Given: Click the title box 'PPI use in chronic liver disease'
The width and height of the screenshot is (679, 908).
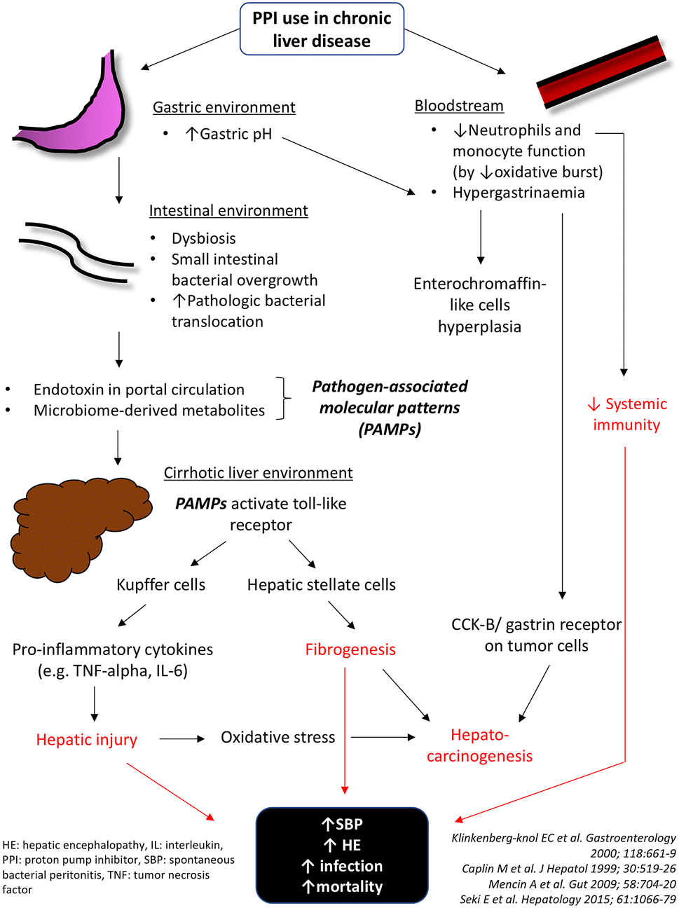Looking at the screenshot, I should tap(322, 29).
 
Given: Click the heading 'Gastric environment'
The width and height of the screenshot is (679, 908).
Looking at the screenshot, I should tap(224, 107).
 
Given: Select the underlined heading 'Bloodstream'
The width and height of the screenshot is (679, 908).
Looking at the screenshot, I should tap(459, 106).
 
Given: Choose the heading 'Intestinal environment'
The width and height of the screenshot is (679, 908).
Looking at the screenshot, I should tap(228, 211).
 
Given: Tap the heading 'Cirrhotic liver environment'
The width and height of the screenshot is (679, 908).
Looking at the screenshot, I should tap(258, 473).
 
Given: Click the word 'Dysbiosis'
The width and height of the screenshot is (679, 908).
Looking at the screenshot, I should tap(203, 238).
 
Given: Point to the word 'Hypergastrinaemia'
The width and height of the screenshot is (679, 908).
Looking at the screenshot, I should tap(519, 193).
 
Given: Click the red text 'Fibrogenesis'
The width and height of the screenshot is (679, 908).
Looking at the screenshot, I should tap(350, 649).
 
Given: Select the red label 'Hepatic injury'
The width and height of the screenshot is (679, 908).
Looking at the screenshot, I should tap(86, 740).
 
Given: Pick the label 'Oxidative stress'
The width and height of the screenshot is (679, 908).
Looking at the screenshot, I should tap(277, 737).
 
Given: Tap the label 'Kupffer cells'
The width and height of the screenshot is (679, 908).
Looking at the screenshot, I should tap(160, 585).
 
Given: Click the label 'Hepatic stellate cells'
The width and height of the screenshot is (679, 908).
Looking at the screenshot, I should tap(321, 585).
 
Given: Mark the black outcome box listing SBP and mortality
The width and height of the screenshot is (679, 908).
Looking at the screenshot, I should tap(342, 855).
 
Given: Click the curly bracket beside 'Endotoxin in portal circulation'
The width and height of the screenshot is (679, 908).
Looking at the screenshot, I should tap(282, 398).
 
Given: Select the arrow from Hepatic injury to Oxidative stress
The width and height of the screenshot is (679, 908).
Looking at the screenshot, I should tap(181, 738).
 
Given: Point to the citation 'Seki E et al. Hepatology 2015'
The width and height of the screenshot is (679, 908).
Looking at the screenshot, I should tap(568, 899).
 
